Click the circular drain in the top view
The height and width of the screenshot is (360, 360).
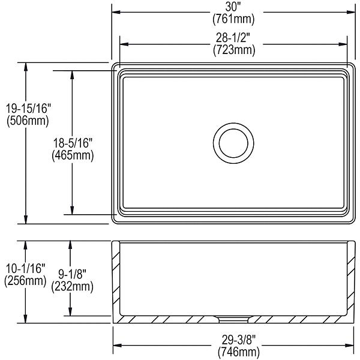point(232,142)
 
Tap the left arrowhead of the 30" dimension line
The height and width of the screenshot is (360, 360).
point(116,11)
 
